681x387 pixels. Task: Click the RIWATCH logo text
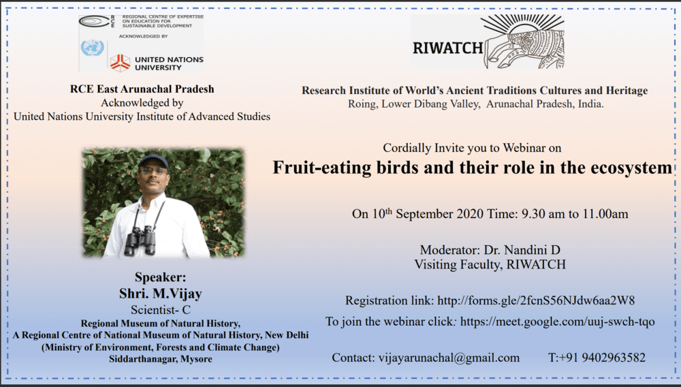point(448,48)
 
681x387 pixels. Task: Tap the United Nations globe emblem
point(92,48)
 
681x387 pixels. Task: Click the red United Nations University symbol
point(120,63)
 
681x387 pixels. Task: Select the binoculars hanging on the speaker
point(140,241)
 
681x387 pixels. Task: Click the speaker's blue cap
point(153,161)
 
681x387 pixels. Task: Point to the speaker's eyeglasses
point(153,171)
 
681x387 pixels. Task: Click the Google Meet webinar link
point(557,322)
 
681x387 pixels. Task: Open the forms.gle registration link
point(536,300)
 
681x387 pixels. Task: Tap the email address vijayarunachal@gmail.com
point(449,358)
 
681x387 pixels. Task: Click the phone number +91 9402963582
point(602,358)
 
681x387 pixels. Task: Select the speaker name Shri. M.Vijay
point(160,294)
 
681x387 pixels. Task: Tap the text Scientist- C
point(160,310)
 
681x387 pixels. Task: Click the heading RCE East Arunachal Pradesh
point(142,89)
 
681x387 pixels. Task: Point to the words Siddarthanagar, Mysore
point(160,359)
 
